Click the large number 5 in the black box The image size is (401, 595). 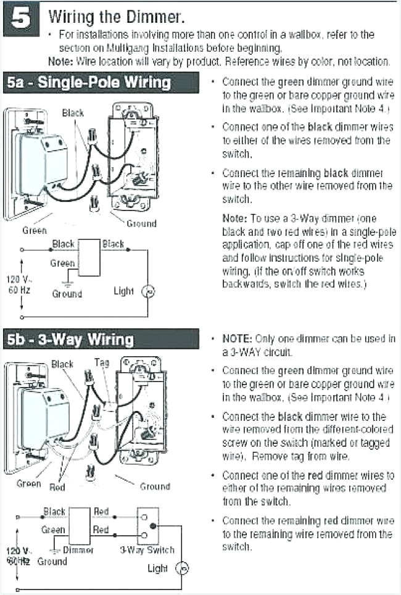tap(21, 20)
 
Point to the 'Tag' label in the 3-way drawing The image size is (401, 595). tap(102, 363)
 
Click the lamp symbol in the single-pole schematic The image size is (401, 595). tap(148, 291)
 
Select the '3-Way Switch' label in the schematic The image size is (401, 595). tap(147, 550)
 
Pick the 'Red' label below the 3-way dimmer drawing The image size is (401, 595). tap(57, 487)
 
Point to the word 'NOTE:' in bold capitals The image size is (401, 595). tap(237, 339)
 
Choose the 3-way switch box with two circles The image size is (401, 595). tap(147, 525)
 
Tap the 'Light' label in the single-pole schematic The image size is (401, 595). tap(124, 291)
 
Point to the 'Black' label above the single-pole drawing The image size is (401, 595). tap(73, 113)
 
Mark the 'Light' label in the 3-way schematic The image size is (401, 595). tap(157, 568)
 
